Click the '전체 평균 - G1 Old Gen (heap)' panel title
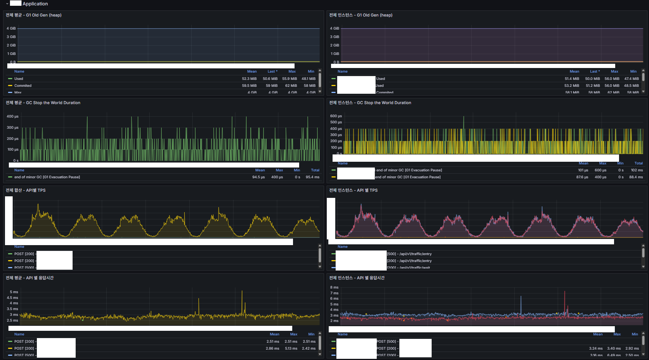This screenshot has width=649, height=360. click(33, 15)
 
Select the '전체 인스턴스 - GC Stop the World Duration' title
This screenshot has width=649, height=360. click(370, 103)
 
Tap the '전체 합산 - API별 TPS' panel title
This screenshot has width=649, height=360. click(25, 191)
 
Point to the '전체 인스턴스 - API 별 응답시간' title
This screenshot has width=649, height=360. click(357, 278)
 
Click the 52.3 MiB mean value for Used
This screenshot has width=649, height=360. click(249, 79)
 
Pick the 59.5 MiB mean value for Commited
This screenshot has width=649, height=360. click(249, 86)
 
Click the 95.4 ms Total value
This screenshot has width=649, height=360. click(312, 177)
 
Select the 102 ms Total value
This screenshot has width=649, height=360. click(636, 170)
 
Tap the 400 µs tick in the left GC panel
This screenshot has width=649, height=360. click(12, 116)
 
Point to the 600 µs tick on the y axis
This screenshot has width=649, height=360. click(336, 116)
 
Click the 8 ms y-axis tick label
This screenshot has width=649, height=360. click(334, 287)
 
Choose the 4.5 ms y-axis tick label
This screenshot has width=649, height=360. click(12, 298)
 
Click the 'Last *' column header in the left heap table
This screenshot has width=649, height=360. click(272, 71)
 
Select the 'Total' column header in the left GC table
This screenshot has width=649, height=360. click(315, 170)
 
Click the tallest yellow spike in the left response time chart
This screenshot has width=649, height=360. click(242, 292)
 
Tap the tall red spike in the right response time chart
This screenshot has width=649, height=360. click(565, 293)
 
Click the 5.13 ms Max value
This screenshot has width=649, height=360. click(291, 348)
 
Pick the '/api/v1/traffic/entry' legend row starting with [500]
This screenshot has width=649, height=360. click(409, 254)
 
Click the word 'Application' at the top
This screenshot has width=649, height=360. click(35, 4)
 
